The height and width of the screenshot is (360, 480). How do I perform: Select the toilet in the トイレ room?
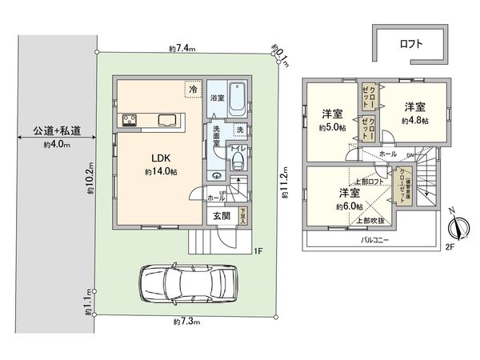(x=238, y=163)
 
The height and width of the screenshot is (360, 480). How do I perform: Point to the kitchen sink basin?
(x=169, y=121)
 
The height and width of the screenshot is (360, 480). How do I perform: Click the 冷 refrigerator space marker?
(x=193, y=89)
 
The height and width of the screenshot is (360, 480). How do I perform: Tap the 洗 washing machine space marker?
(x=240, y=130)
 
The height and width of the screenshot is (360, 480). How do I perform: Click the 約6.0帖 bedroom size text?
(x=349, y=206)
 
